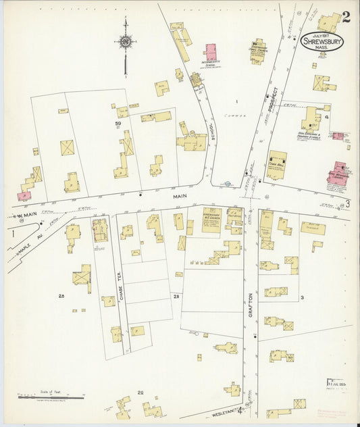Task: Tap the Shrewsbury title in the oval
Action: click(322, 41)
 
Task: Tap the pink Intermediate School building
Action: click(211, 52)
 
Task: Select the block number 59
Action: click(118, 124)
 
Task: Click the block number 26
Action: click(61, 296)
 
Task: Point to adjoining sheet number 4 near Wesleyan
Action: click(239, 408)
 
